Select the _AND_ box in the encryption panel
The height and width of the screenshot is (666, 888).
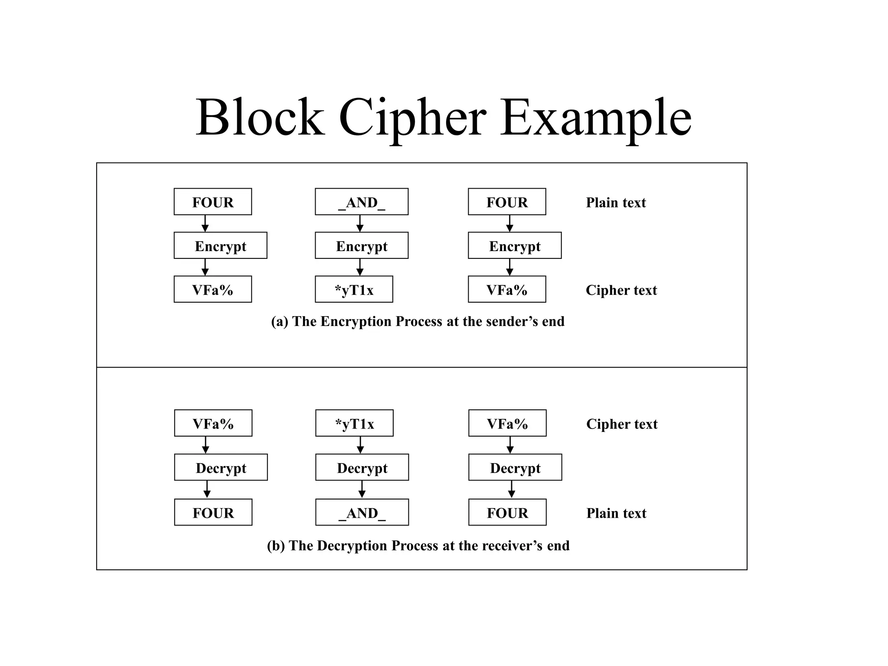(361, 202)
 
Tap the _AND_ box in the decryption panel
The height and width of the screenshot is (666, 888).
(362, 512)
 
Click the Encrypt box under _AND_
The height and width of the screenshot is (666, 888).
(361, 245)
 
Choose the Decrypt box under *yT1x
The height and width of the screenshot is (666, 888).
(362, 467)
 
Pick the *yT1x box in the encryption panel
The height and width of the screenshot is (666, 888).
(354, 289)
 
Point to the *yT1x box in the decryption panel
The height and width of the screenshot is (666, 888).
(354, 423)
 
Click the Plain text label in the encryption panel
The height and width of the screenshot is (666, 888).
(616, 202)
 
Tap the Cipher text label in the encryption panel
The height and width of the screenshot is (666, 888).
(621, 290)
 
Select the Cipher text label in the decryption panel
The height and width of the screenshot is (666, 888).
(622, 424)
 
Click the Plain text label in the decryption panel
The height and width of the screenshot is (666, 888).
(616, 513)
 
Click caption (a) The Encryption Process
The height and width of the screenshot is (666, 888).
(418, 321)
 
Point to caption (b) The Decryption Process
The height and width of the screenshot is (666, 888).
(418, 545)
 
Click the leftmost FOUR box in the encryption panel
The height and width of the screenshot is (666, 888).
(212, 202)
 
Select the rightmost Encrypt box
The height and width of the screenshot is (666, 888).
(515, 245)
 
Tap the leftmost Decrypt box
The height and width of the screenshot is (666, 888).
(221, 467)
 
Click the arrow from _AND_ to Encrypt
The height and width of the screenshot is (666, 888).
(359, 223)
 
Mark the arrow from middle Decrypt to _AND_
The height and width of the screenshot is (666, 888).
(362, 490)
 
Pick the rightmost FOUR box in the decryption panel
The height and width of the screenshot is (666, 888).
(507, 512)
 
